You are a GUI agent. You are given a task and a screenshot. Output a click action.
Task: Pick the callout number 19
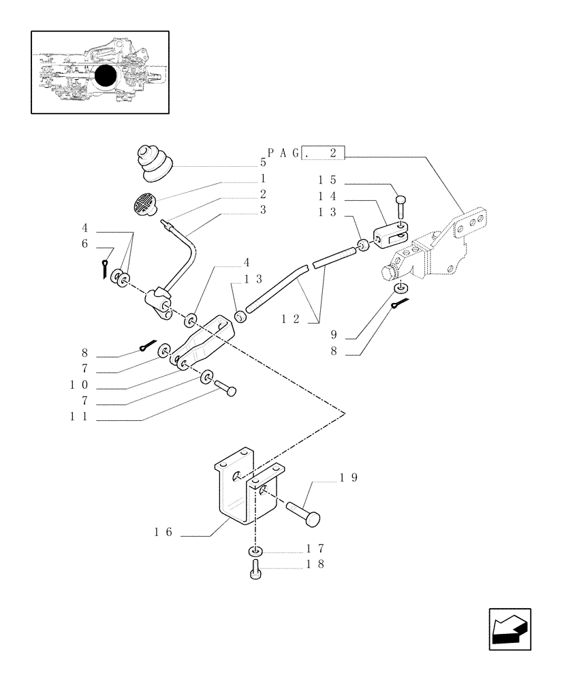coord(348,478)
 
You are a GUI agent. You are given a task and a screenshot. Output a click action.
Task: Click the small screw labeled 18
coord(256,570)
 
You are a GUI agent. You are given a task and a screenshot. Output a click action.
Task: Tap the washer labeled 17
coord(255,550)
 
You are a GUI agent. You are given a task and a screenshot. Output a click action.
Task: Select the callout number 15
coord(327,181)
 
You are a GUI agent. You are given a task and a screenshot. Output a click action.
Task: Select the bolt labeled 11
coord(226,390)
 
